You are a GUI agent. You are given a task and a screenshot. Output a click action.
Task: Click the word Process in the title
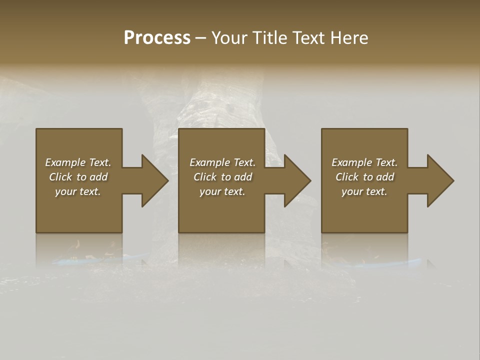157,38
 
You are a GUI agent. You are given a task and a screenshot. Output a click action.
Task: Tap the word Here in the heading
349,38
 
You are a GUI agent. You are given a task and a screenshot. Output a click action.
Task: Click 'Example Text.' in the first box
78,162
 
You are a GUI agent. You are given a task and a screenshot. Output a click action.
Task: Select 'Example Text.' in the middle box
222,162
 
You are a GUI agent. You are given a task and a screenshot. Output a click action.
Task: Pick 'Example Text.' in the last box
364,162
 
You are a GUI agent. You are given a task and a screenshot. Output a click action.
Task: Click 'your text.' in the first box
78,191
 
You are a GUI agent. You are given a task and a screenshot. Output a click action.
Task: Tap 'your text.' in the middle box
222,191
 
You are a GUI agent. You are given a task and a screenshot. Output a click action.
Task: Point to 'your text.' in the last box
364,191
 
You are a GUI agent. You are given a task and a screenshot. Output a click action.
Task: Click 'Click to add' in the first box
78,177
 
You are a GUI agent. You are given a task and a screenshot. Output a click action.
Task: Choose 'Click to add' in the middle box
222,177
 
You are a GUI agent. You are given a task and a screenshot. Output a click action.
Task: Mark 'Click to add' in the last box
364,177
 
